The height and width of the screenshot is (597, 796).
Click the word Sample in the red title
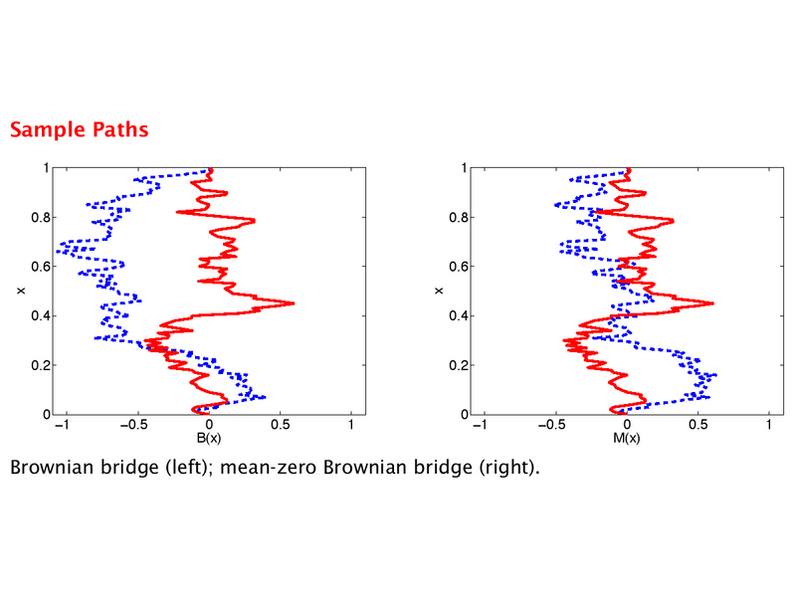click(x=48, y=130)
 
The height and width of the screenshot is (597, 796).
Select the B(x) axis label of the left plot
click(x=209, y=438)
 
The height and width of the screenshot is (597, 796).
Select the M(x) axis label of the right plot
click(x=627, y=438)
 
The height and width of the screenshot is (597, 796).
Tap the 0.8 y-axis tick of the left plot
click(x=40, y=217)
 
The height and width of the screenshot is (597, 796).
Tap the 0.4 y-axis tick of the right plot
click(x=459, y=315)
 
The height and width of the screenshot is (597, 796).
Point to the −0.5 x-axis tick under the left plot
click(x=135, y=425)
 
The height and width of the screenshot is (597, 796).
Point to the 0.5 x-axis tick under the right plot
click(x=698, y=425)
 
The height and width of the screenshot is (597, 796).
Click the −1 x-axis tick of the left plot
click(x=62, y=425)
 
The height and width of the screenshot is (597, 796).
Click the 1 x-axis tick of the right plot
click(x=769, y=425)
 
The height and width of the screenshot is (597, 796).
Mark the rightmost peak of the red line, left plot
click(x=294, y=303)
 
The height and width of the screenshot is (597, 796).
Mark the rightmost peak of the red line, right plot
click(x=713, y=303)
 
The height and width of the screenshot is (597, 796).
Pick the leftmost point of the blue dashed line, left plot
click(x=57, y=252)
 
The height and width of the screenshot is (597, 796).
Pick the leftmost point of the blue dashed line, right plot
click(x=555, y=205)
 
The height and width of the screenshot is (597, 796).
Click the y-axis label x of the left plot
click(x=21, y=291)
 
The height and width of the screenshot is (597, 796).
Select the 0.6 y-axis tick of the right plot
click(x=459, y=267)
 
